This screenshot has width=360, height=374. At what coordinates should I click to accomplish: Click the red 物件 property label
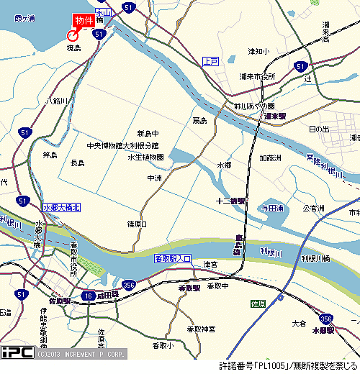[x=84, y=21]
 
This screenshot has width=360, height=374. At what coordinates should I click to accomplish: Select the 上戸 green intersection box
[x=210, y=61]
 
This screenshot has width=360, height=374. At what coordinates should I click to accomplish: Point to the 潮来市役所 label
[x=258, y=76]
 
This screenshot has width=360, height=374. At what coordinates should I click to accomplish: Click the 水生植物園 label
[x=146, y=157]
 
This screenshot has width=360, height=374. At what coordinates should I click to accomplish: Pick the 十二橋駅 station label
[x=231, y=201]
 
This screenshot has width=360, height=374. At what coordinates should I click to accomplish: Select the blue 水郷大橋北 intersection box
[x=63, y=207]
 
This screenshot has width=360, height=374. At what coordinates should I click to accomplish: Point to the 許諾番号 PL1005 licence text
[x=289, y=365]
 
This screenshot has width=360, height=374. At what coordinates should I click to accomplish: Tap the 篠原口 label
[x=137, y=224]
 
